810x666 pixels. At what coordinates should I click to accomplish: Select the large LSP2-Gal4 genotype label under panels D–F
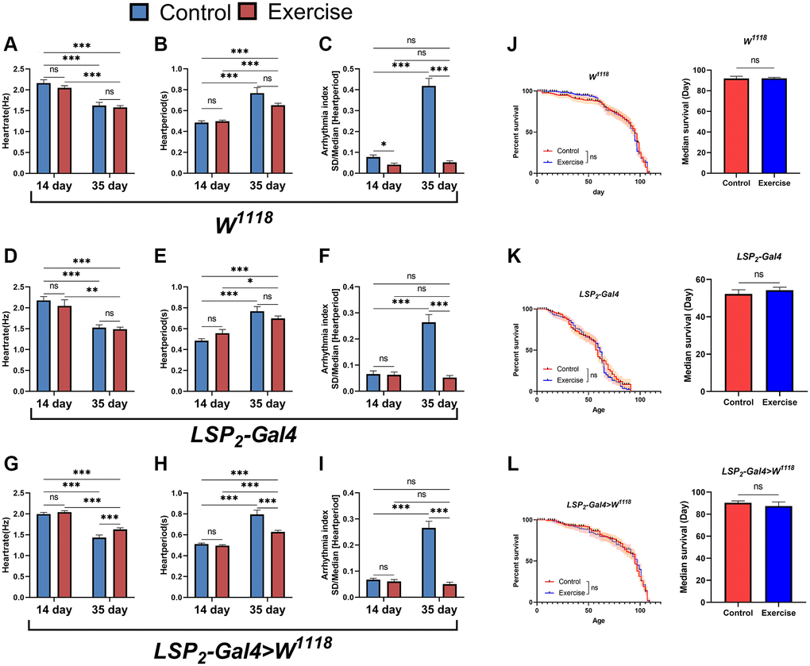click(239, 436)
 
